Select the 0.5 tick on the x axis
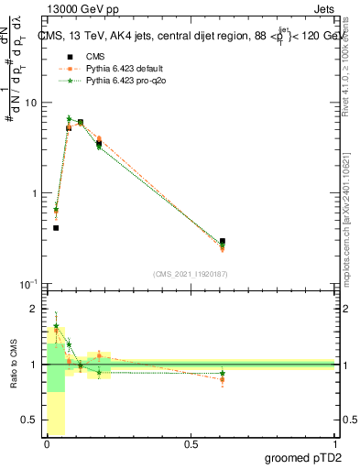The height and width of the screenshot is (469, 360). click(x=191, y=444)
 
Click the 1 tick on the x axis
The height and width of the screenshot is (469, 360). click(x=335, y=444)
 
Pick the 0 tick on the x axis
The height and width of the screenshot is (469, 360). click(x=47, y=444)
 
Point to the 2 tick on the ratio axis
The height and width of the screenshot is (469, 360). click(x=33, y=309)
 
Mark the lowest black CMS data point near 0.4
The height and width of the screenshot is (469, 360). click(x=56, y=228)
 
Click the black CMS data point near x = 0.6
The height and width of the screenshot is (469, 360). click(x=223, y=242)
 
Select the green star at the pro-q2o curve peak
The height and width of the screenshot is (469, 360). click(x=69, y=118)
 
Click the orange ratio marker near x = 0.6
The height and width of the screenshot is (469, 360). click(x=223, y=379)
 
